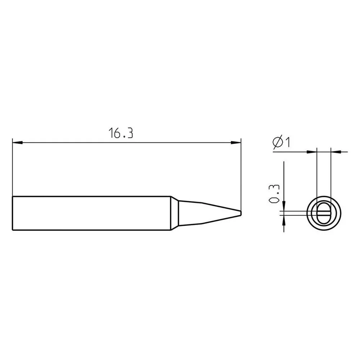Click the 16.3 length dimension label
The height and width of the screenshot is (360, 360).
(x=121, y=133)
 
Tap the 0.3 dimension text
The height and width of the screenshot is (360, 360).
(x=274, y=194)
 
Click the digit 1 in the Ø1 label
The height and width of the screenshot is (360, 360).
(x=287, y=142)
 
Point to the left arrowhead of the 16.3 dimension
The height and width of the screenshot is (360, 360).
(x=17, y=143)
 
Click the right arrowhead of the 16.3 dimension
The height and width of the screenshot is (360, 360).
(x=236, y=143)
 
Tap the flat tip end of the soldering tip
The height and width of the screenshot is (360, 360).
(x=241, y=213)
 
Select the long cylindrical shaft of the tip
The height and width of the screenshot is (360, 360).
(x=91, y=213)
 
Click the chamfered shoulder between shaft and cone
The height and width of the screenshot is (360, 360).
(x=175, y=213)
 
